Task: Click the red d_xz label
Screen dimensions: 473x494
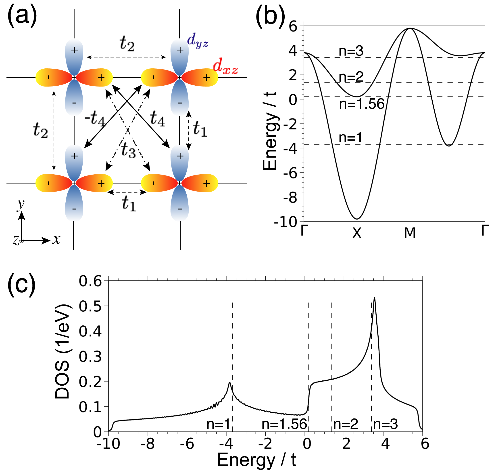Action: [x=225, y=66]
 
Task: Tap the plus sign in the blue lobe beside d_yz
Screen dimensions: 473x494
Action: [x=180, y=50]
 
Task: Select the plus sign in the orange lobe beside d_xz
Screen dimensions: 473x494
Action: [x=206, y=77]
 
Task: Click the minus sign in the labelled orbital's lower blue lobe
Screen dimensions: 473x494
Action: [x=180, y=103]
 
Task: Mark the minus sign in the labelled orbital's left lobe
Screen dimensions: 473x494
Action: [x=154, y=77]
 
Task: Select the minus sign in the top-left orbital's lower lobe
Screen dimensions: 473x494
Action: [x=74, y=103]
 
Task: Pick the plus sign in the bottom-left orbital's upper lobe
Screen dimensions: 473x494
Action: [x=74, y=156]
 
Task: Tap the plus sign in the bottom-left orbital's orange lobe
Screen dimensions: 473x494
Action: [x=101, y=183]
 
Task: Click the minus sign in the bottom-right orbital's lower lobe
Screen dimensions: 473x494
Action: [x=180, y=209]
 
